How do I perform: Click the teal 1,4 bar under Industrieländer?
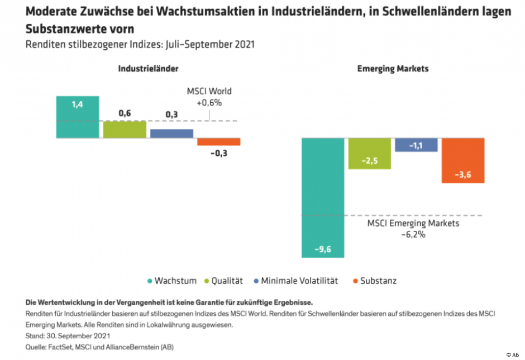click(78, 117)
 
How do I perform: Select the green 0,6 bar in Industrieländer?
click(125, 129)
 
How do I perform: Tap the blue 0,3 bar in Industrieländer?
click(171, 133)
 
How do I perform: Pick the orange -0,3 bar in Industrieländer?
click(218, 141)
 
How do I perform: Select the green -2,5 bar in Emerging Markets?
click(370, 153)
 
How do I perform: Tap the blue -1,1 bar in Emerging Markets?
click(416, 145)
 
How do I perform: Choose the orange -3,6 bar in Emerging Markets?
click(462, 160)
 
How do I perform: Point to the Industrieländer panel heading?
click(148, 69)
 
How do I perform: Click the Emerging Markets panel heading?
click(393, 69)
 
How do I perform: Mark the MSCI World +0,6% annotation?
click(209, 97)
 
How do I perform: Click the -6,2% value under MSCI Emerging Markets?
click(413, 234)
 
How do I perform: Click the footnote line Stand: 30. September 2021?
click(68, 336)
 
